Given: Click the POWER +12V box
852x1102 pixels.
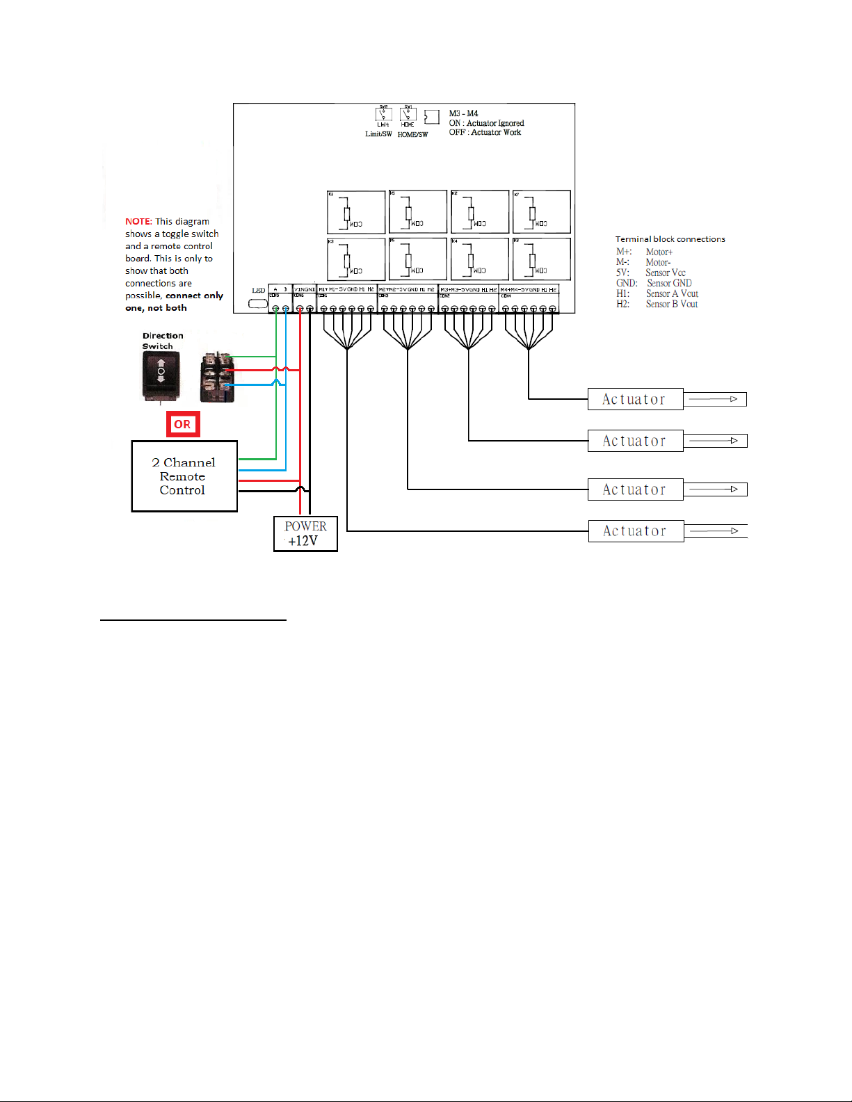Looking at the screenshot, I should [305, 533].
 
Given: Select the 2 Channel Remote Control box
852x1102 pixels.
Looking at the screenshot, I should [184, 476].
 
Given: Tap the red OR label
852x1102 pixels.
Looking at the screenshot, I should [183, 424].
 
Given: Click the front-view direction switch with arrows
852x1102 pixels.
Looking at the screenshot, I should [161, 375].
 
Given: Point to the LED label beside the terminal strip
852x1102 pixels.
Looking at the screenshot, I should [258, 291].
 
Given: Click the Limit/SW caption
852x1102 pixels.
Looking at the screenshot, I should [378, 134].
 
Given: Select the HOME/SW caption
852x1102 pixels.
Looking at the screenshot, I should [412, 134].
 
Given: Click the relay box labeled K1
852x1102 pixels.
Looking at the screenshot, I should [356, 212].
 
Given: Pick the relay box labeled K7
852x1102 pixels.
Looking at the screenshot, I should [542, 212].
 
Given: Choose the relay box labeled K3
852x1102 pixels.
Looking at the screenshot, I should [356, 259].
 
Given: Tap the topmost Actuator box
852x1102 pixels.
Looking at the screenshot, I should [635, 399].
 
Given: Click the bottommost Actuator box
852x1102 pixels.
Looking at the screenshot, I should [636, 531].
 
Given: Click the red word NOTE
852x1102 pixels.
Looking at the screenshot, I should [138, 222].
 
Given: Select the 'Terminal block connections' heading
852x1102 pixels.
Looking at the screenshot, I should [670, 239].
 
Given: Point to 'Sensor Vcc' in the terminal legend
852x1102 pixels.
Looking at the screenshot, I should [666, 273].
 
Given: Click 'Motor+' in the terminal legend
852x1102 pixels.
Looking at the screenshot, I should [659, 252].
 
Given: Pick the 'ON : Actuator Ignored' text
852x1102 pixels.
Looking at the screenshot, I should [486, 123].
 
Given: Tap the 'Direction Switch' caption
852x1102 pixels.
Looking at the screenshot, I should [163, 341].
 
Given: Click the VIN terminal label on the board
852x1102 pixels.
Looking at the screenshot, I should [300, 289].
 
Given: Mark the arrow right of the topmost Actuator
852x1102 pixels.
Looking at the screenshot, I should [714, 399].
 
